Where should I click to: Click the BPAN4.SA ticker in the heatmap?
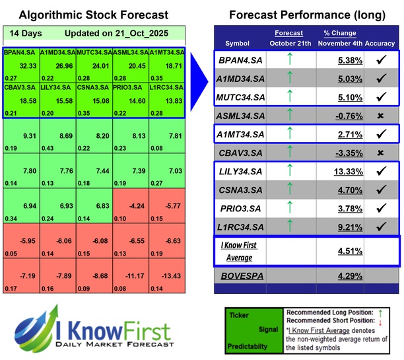[20, 52]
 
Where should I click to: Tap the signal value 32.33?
[28, 66]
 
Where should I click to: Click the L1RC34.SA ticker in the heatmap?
[166, 89]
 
